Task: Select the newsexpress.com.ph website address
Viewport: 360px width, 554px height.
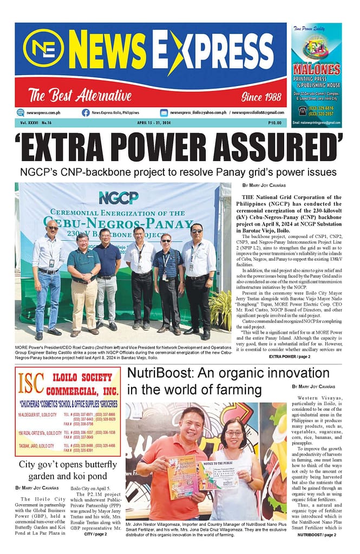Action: (x=45, y=113)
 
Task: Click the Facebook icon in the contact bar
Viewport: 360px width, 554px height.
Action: (x=86, y=113)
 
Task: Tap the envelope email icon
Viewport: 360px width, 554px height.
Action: (x=163, y=113)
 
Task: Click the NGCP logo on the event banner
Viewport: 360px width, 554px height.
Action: (x=119, y=197)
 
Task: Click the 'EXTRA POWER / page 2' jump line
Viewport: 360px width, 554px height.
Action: (x=290, y=357)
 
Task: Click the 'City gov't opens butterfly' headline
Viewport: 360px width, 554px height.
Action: (x=68, y=464)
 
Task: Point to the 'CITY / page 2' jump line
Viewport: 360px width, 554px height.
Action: (x=95, y=533)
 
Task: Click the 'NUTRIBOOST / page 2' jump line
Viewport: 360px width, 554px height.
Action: (x=317, y=535)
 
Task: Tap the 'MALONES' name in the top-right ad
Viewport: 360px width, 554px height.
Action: (x=316, y=69)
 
